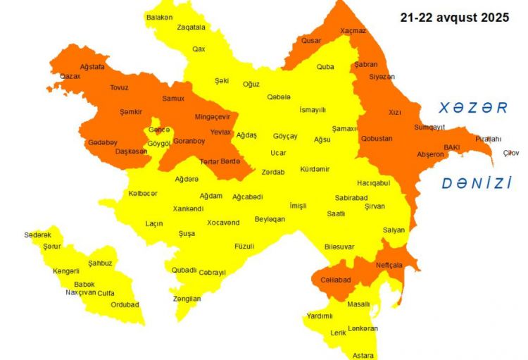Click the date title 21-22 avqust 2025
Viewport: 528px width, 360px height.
click(454, 18)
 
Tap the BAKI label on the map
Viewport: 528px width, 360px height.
click(451, 147)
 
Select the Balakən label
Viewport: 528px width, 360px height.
click(159, 17)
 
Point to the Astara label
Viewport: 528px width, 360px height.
click(363, 355)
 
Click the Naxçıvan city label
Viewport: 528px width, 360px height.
click(80, 292)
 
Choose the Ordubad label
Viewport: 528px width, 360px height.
click(125, 305)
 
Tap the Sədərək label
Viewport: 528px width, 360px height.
click(37, 235)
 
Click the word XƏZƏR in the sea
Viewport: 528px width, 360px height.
click(473, 108)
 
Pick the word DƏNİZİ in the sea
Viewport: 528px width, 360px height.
click(477, 184)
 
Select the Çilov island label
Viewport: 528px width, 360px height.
click(510, 153)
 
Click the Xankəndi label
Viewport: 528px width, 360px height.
click(188, 209)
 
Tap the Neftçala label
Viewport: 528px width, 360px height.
click(389, 265)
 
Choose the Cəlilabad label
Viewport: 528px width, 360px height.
click(335, 280)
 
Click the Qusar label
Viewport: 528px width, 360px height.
click(311, 41)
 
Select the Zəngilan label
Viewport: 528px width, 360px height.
click(187, 299)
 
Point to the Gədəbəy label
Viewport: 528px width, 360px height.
click(102, 142)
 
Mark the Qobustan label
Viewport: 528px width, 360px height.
click(377, 138)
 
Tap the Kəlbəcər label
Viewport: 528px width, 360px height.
click(143, 193)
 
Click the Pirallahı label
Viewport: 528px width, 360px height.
click(489, 139)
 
